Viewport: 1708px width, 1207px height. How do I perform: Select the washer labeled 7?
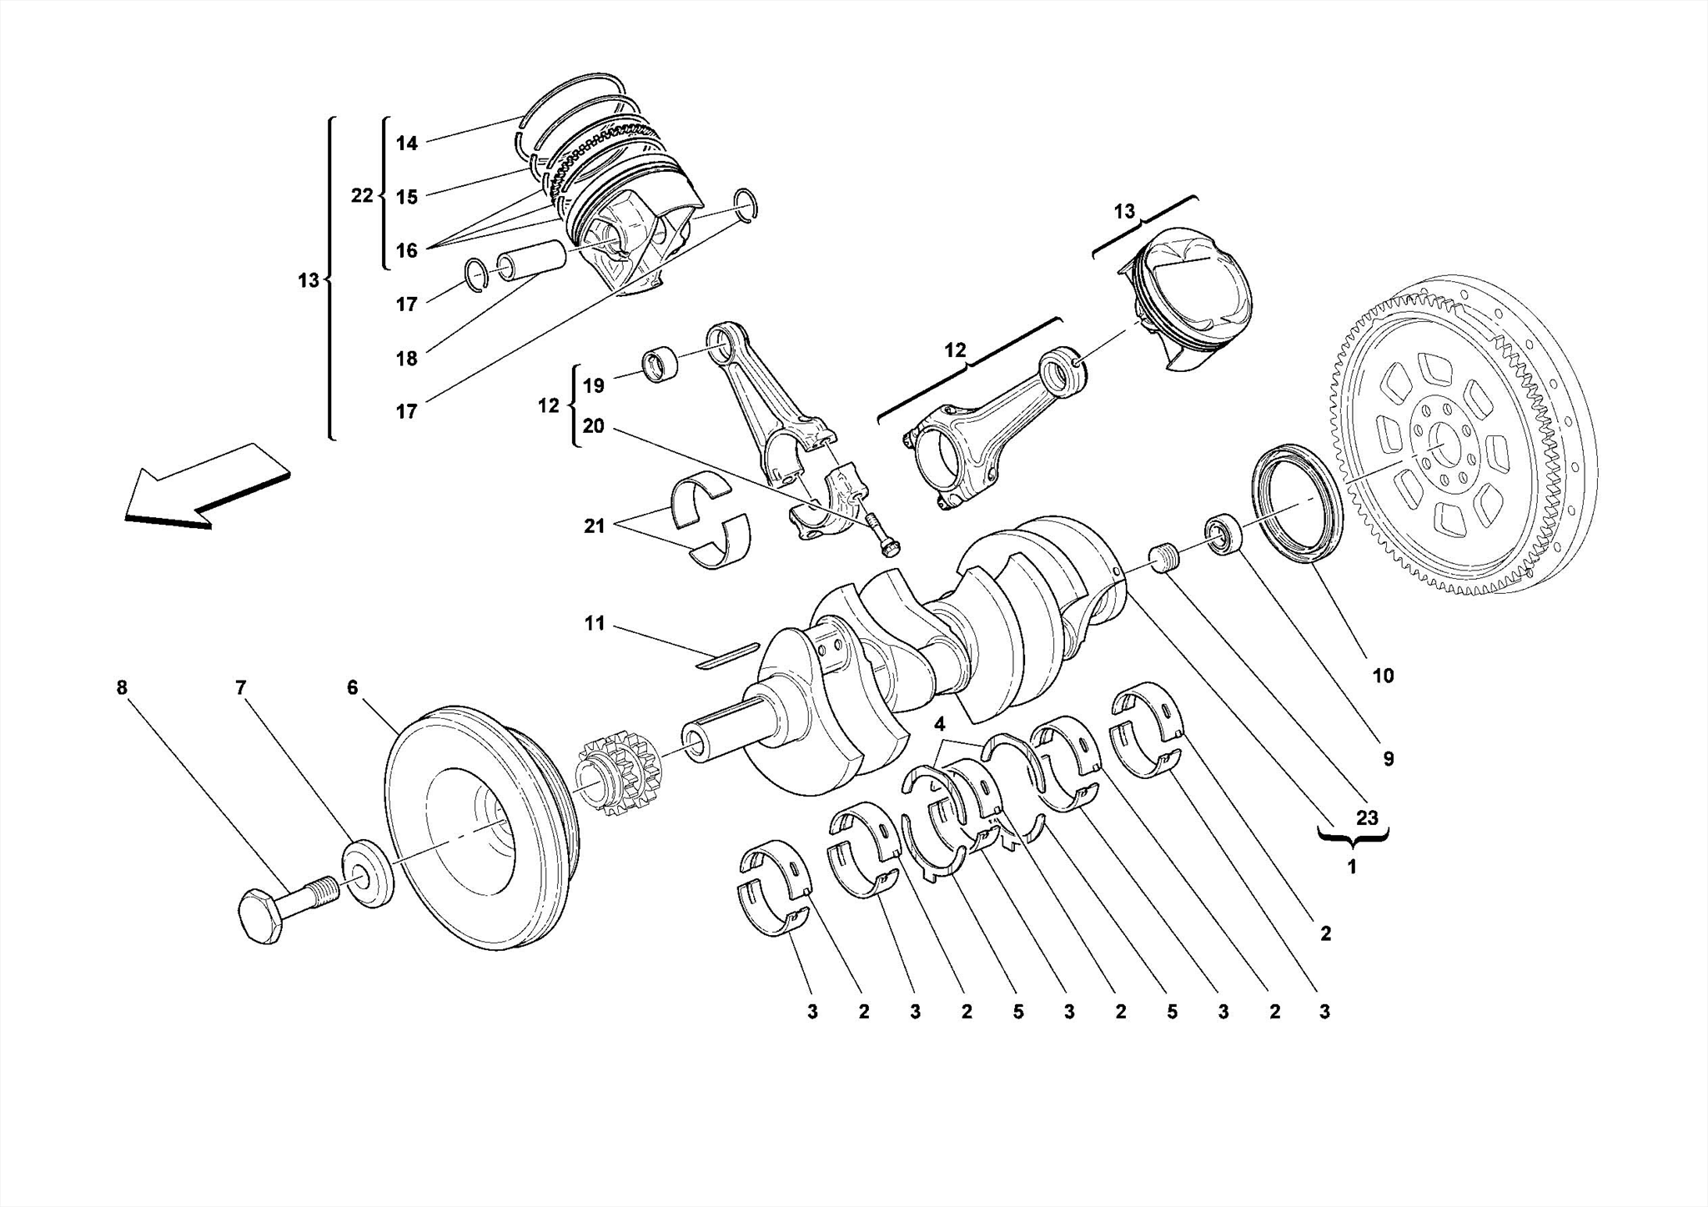[x=367, y=874]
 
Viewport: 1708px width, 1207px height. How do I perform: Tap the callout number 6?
[x=352, y=687]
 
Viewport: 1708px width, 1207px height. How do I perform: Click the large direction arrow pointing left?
[x=204, y=487]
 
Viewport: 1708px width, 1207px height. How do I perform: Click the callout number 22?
[x=361, y=196]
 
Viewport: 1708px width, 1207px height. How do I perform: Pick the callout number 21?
[x=594, y=526]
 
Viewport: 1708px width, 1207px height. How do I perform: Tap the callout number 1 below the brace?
[x=1352, y=867]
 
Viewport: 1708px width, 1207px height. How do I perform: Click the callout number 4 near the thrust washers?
[x=940, y=723]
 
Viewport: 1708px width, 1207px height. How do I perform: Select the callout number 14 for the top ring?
[x=406, y=143]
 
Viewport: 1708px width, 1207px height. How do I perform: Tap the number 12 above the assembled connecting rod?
[x=955, y=350]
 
